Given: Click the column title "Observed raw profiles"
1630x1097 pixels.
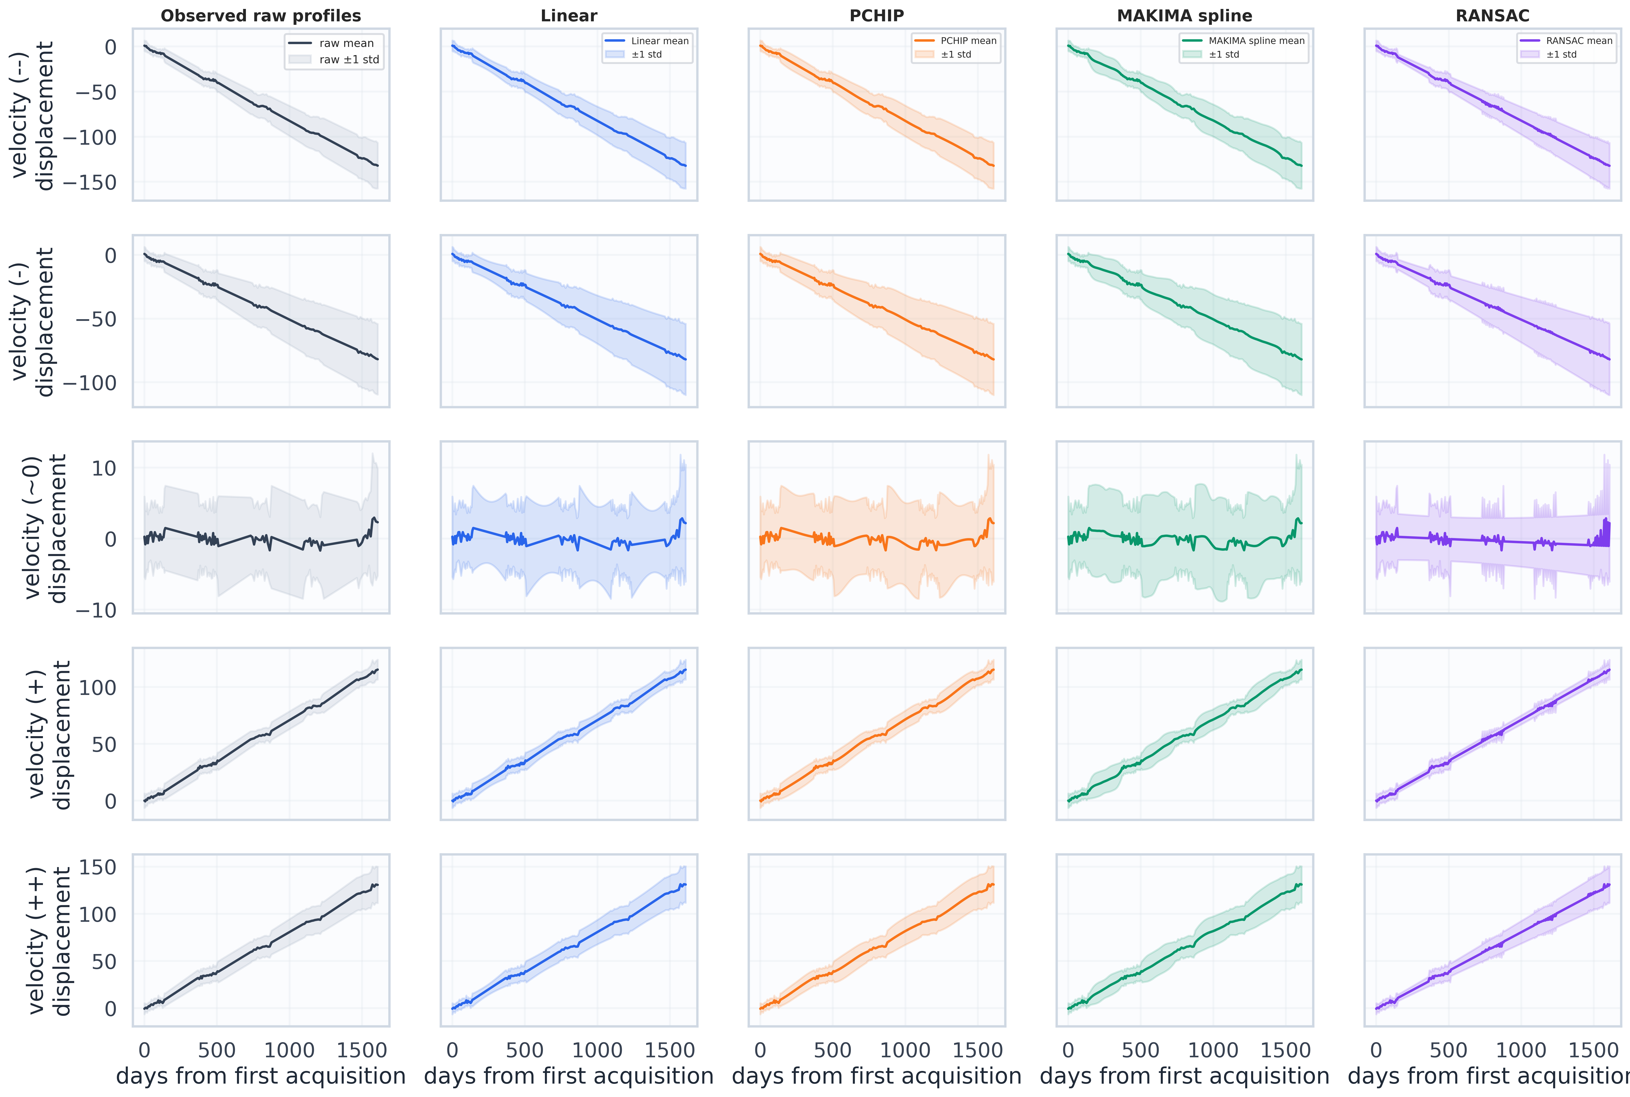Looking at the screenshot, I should point(261,15).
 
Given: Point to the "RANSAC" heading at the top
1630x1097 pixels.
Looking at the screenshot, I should point(1492,15).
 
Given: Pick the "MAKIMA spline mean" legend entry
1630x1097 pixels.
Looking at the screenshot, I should point(1256,40).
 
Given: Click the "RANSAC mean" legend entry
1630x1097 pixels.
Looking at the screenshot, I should point(1579,40).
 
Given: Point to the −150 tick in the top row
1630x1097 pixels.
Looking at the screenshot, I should point(90,182).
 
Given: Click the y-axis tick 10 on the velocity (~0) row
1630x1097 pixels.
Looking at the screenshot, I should point(103,468).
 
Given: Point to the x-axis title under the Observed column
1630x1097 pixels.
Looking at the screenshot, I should point(261,1076).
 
